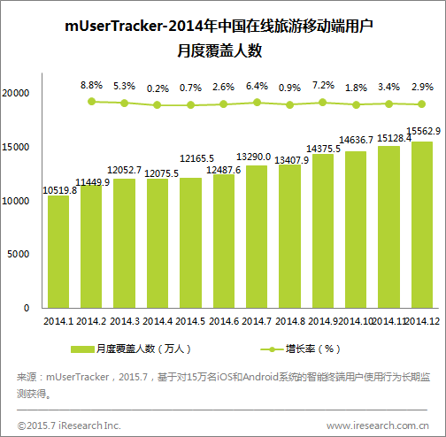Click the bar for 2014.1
point(58,252)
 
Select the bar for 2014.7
point(257,237)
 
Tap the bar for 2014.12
point(422,225)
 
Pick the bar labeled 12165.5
point(190,243)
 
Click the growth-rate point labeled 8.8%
point(92,102)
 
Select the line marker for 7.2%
point(323,103)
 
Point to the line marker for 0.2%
point(158,104)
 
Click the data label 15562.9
point(424,131)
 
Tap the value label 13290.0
point(254,157)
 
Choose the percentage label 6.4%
point(257,86)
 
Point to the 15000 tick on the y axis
point(16,147)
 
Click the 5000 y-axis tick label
point(19,254)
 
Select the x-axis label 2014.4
point(158,321)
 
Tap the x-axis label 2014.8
point(290,321)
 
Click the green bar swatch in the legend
point(82,349)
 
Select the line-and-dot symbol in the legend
point(272,349)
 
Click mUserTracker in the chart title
point(113,26)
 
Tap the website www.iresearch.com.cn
point(378,425)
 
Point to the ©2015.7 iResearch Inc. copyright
point(69,425)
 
